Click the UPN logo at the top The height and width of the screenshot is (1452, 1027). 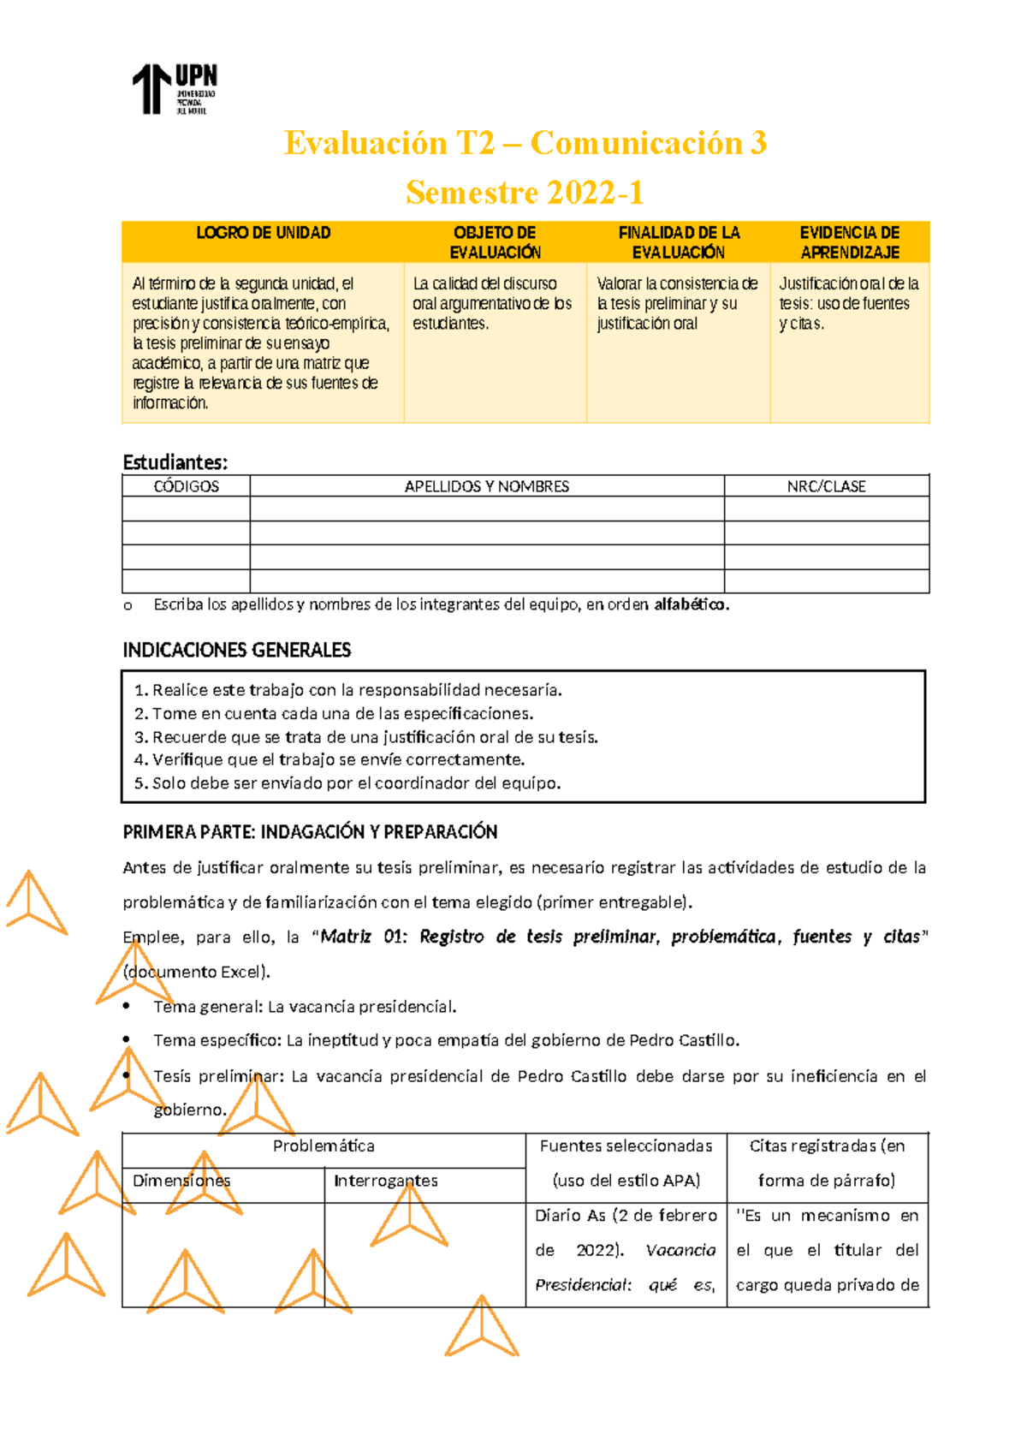[x=174, y=89]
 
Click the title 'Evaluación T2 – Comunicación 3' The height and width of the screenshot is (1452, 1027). [x=525, y=143]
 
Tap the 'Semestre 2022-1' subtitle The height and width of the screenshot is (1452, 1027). [x=525, y=193]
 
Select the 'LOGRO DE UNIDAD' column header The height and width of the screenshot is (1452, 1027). [x=263, y=233]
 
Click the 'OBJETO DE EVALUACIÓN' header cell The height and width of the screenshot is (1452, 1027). [x=495, y=242]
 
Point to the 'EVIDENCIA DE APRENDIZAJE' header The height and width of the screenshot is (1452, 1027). [x=849, y=242]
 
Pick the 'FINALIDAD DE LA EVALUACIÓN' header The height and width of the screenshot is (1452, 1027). [x=679, y=242]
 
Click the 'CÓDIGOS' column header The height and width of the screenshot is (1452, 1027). [x=186, y=486]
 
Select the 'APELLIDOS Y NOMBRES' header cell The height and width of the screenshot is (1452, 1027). [x=486, y=486]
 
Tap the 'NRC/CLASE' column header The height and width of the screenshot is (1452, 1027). [x=826, y=486]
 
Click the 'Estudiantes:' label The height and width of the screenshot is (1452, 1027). [x=175, y=462]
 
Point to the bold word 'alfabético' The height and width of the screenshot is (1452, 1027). [x=690, y=604]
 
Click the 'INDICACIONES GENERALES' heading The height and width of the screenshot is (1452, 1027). [x=237, y=650]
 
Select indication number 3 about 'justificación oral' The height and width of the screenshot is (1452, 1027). [x=374, y=737]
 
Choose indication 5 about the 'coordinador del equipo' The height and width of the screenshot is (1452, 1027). [x=355, y=783]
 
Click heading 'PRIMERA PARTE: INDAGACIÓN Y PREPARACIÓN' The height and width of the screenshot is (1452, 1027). [x=310, y=832]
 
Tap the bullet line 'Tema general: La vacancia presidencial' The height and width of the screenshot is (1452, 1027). [x=304, y=1007]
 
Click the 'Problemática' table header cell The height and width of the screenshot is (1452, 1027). [x=324, y=1146]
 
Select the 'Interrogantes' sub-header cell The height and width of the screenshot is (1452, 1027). [x=385, y=1181]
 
